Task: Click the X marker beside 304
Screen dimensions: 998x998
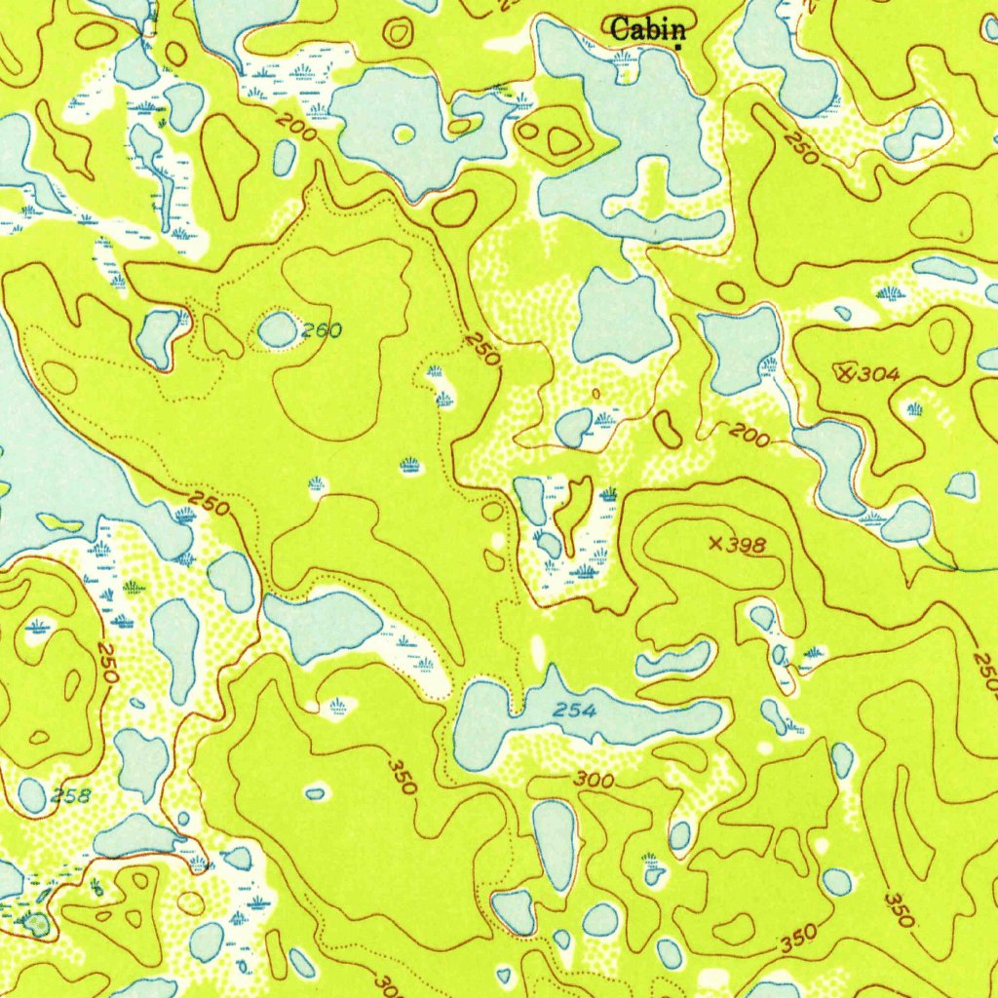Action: click(845, 370)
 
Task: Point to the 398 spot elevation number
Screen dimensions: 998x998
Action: click(747, 545)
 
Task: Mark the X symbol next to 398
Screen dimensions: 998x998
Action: click(717, 544)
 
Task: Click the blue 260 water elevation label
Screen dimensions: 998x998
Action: click(321, 331)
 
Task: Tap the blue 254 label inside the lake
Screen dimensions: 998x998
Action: click(574, 711)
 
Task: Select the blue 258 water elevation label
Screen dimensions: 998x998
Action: click(71, 794)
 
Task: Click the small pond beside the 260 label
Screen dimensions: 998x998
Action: click(278, 329)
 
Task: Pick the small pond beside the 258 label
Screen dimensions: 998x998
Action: click(32, 795)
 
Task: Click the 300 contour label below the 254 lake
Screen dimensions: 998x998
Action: click(594, 780)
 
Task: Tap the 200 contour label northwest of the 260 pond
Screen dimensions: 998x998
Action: click(294, 127)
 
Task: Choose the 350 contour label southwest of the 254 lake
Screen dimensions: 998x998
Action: click(400, 773)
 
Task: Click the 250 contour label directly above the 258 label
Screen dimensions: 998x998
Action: click(108, 663)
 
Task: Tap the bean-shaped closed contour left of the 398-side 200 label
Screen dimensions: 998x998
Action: click(669, 428)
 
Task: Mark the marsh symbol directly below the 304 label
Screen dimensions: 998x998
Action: click(914, 410)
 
